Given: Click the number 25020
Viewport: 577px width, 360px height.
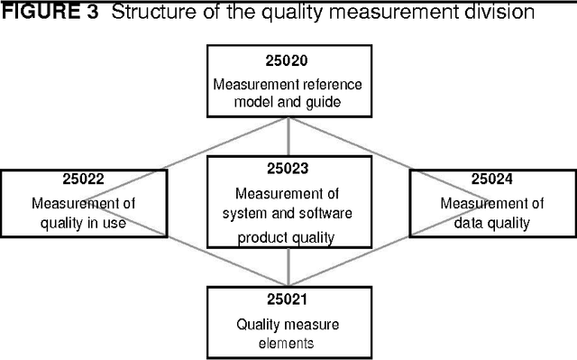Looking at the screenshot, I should click(287, 62).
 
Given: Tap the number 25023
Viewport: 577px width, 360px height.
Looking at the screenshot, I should click(287, 168).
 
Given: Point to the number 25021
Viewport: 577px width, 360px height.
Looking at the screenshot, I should click(287, 299).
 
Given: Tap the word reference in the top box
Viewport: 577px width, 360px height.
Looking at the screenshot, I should click(325, 84).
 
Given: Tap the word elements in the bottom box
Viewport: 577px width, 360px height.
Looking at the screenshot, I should click(287, 342).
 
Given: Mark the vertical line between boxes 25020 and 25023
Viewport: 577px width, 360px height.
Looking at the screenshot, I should click(288, 136).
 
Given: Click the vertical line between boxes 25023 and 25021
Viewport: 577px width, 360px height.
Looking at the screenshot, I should click(288, 268).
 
